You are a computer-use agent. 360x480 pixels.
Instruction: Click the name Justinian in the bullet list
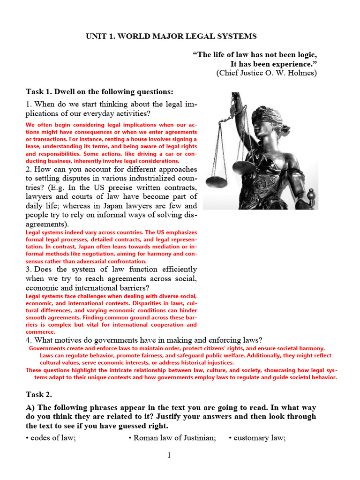click(x=198, y=438)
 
